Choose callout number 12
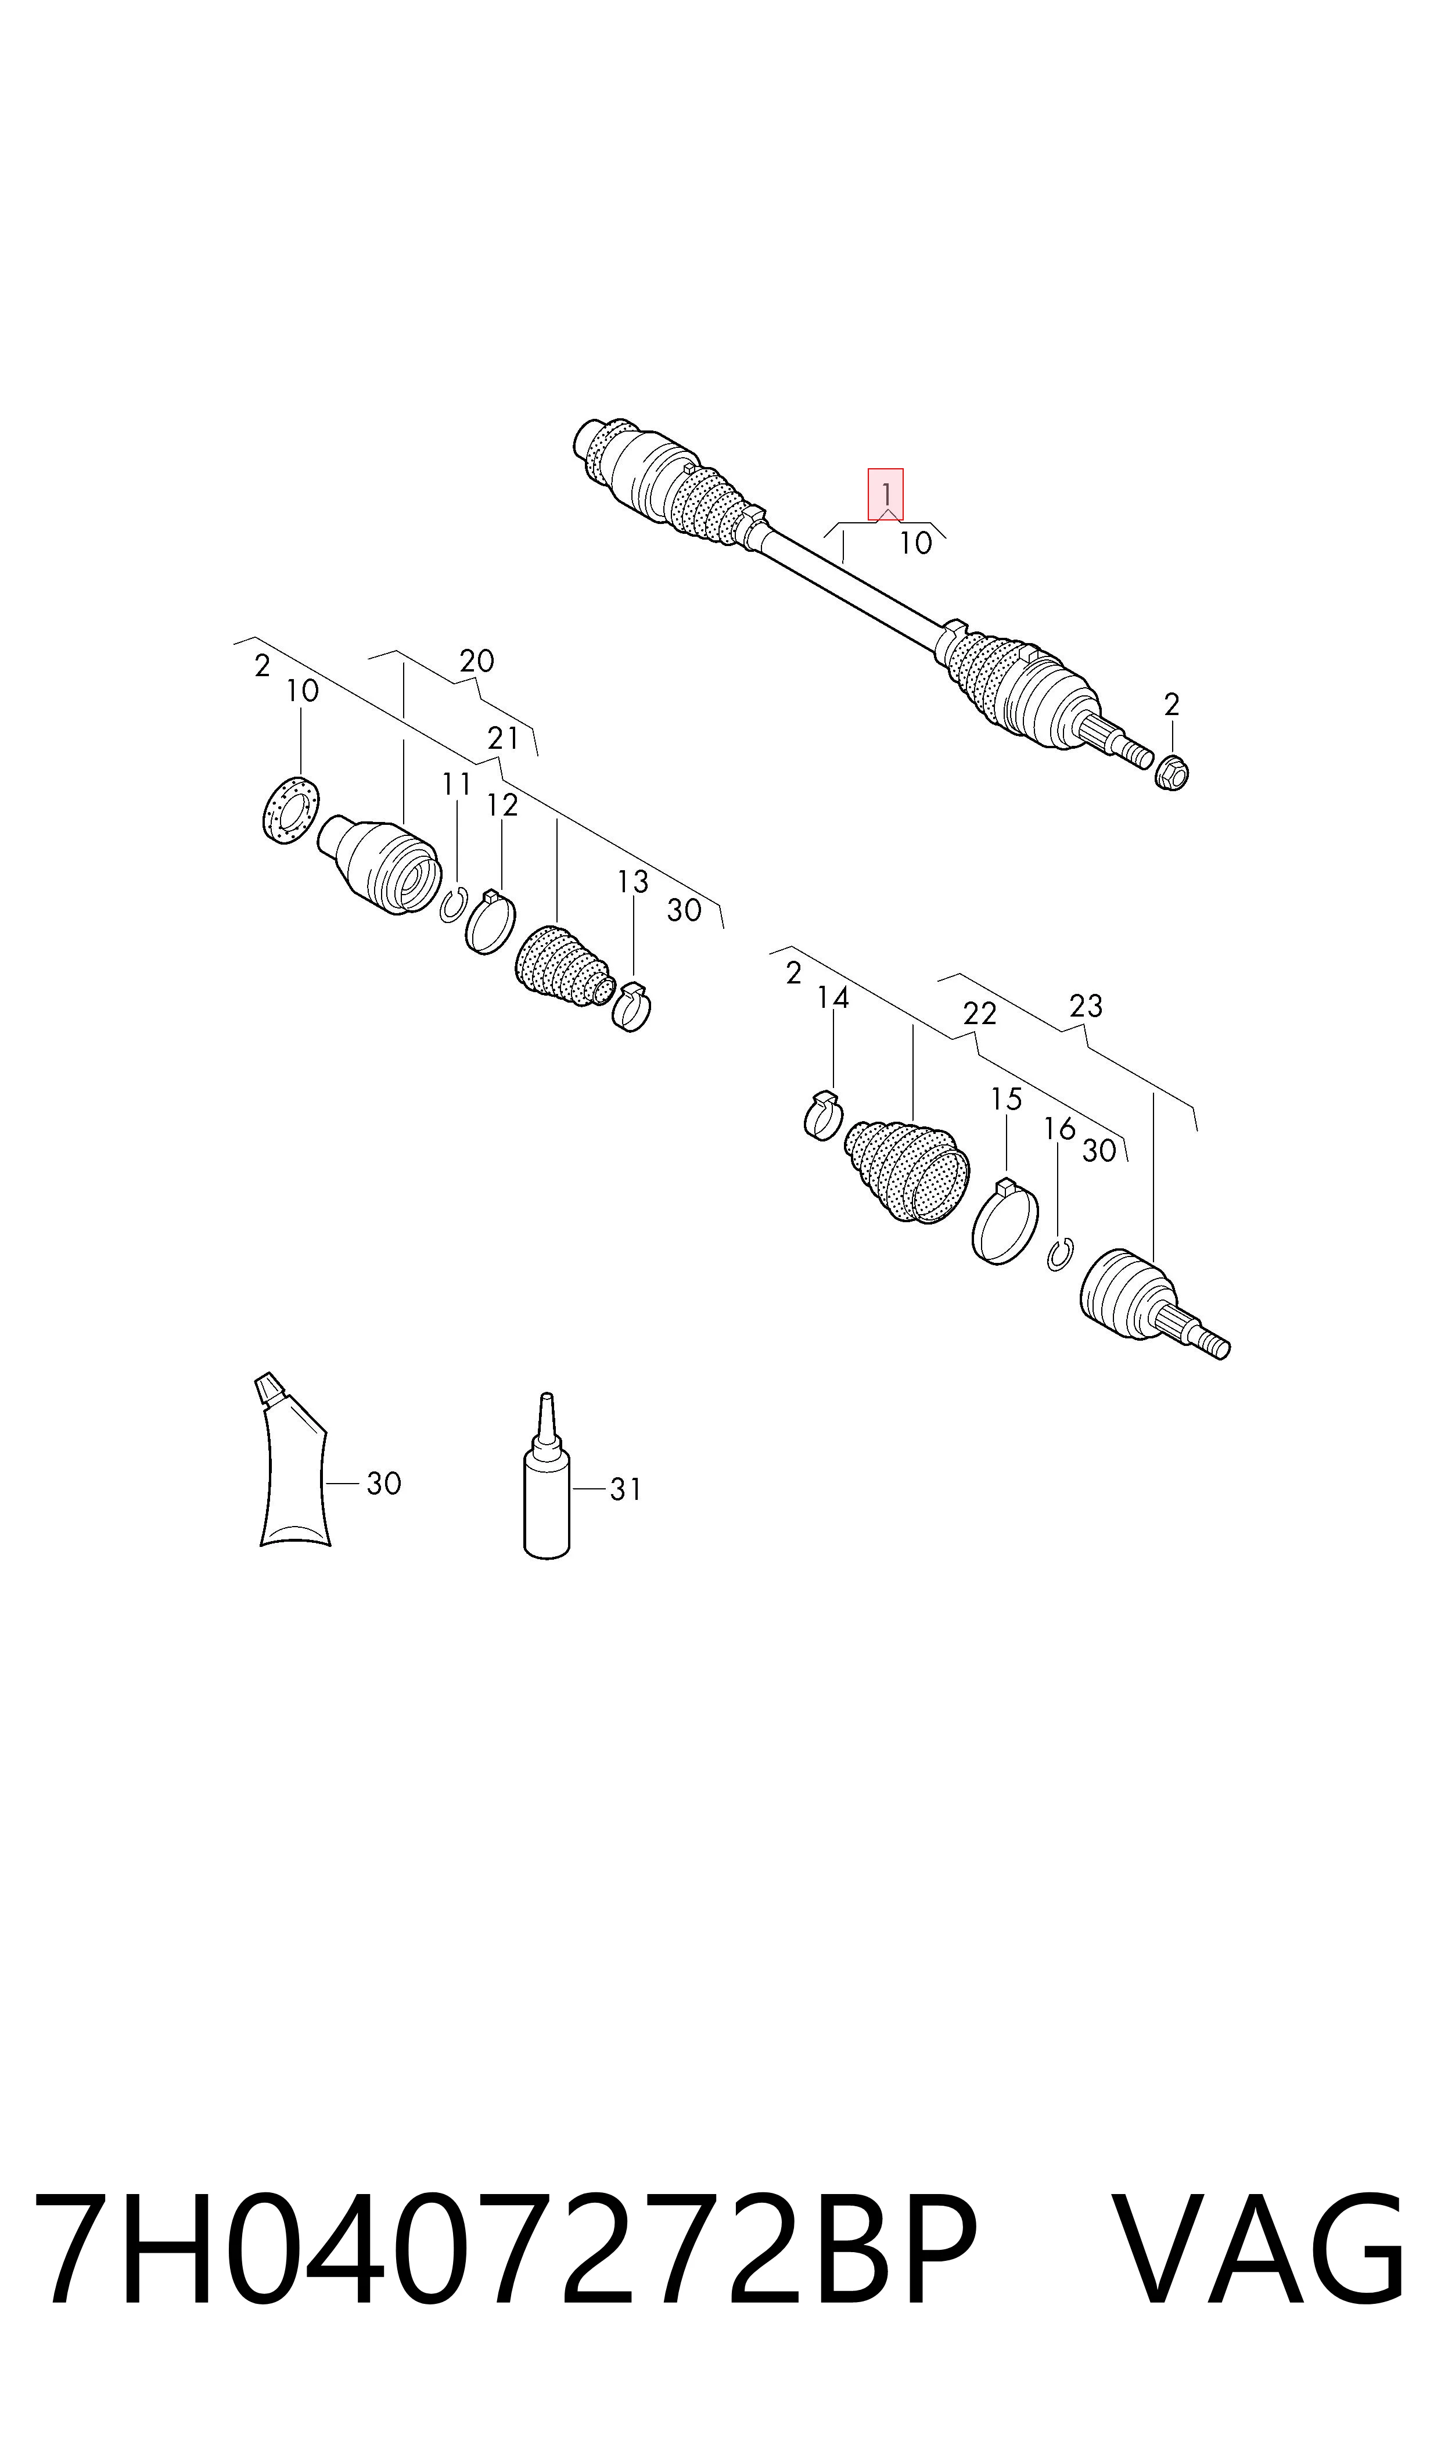[x=502, y=805]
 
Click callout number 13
[x=633, y=882]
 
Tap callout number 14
[x=833, y=997]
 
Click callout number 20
[x=477, y=661]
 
